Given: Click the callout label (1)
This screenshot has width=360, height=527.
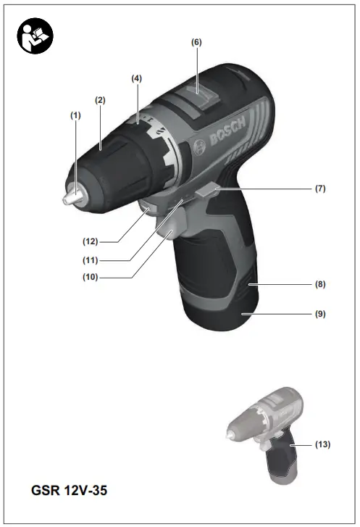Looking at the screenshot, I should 75,115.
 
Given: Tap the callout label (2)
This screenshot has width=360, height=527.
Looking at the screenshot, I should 100,100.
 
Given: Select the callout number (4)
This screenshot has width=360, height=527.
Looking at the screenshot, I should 136,78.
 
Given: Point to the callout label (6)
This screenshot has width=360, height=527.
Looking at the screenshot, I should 196,42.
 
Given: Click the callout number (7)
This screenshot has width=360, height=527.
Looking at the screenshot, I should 319,188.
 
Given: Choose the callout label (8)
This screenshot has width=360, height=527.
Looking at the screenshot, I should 319,285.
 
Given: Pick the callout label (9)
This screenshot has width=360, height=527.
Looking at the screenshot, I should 319,315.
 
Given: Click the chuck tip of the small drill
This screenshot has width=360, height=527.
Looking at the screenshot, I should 230,435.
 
